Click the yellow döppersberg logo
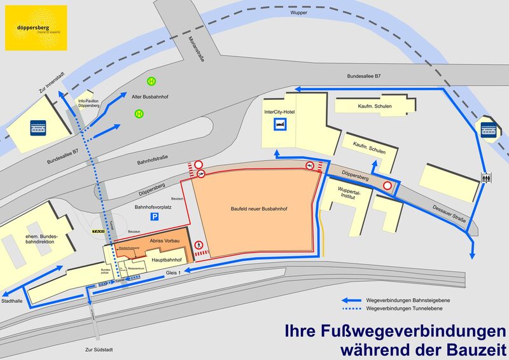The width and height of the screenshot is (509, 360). coord(36,28)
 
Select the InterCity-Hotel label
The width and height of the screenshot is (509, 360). coord(281,112)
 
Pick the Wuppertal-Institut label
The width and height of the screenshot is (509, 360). coord(345,193)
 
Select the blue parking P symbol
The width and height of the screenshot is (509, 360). coord(154,217)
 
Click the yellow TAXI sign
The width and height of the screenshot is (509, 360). coord(99,232)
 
